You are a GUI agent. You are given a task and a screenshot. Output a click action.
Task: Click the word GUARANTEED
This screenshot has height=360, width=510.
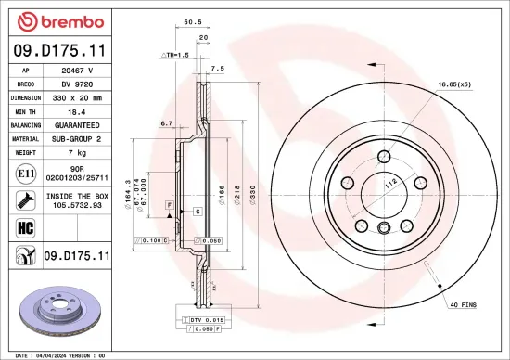click(x=79, y=124)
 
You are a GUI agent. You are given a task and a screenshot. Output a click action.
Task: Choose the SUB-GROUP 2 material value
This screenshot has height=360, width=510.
click(x=79, y=138)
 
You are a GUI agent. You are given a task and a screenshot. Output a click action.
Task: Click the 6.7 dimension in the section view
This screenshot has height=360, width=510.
click(x=167, y=122)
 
